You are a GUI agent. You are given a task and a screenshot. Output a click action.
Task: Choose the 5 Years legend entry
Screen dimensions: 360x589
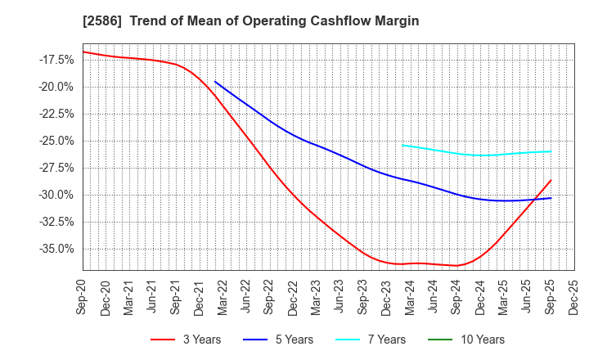click(286, 340)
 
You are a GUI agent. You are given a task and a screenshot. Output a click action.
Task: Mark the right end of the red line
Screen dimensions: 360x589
click(551, 180)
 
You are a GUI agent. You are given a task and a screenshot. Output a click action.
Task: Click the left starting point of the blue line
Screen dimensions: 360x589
click(215, 82)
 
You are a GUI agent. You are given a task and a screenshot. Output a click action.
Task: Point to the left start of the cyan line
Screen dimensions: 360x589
click(402, 145)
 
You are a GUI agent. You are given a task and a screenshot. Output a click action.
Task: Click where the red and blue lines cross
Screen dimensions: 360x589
click(533, 199)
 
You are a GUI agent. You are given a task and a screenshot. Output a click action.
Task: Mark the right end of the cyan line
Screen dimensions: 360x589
click(551, 151)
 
